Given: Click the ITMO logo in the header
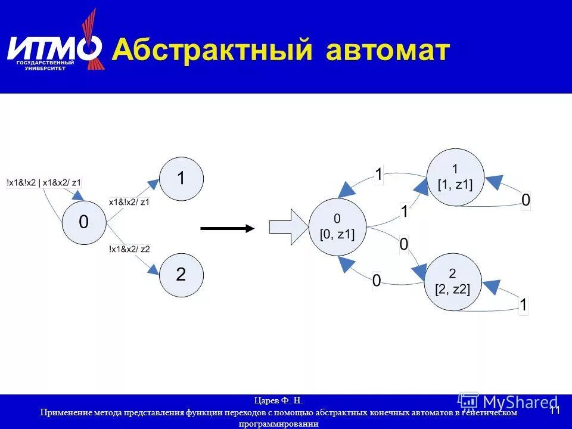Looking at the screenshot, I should point(54,48).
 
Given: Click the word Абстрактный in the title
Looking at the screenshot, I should point(212,50).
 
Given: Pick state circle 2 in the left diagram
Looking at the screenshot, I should point(181,275).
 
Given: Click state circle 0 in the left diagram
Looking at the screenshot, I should point(84,222).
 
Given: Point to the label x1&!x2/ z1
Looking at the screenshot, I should point(129,202).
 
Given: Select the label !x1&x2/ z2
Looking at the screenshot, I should point(129,249).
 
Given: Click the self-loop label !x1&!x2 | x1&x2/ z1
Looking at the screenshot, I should point(44,183).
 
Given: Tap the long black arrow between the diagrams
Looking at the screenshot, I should point(227,228).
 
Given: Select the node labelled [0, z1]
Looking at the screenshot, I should point(337,227).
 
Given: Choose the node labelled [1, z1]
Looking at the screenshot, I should point(455,178).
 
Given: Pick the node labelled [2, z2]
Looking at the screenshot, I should point(452,281).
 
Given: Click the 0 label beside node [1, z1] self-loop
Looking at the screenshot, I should point(526,201).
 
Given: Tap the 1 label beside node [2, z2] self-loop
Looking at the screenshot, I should point(523,306).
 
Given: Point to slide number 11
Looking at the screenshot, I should point(554,411).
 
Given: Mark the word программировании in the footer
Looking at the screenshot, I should point(279,424).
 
